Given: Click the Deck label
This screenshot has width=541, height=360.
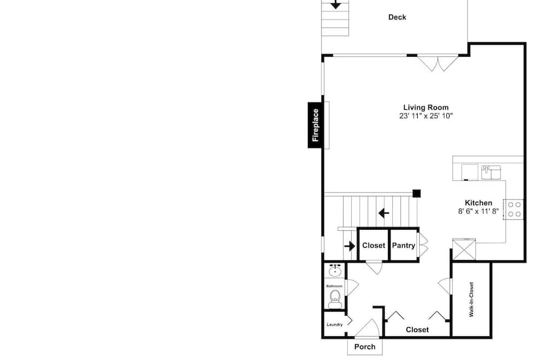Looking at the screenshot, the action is pos(397,17).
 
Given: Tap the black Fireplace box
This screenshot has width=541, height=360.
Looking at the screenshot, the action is pos(315,125).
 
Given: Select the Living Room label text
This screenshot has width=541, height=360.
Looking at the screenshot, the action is pos(426,107).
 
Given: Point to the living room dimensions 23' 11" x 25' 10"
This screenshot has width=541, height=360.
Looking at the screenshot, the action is pos(426,116).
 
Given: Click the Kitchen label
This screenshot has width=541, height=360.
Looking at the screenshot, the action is pos(478,203).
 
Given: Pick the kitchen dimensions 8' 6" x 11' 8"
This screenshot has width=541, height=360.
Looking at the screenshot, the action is pos(478,211).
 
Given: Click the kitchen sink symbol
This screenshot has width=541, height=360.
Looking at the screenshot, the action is pos(491,172).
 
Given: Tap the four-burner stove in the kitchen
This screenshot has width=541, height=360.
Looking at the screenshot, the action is pos(513,209).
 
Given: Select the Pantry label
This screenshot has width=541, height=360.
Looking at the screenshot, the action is pos(404,245).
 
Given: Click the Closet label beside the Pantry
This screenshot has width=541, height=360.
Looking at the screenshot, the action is pos(374,245).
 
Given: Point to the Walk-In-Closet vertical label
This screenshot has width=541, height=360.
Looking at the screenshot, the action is pos(471,299).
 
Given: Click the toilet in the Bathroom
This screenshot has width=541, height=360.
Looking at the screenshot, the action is pos(335,299).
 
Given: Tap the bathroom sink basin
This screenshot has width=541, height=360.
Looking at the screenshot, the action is pos(335,271).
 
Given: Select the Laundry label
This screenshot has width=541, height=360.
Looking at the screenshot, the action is pos(334,324).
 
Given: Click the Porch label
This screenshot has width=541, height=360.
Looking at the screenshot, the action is pos(365,347).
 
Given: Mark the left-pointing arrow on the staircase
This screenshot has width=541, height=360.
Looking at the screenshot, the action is pos(384,213).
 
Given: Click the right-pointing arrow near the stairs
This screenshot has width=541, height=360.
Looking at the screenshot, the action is pos(349,246).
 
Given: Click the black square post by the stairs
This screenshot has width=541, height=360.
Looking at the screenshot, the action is pos(417,194).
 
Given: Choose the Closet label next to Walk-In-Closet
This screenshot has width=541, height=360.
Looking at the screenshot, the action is pos(417,330).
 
